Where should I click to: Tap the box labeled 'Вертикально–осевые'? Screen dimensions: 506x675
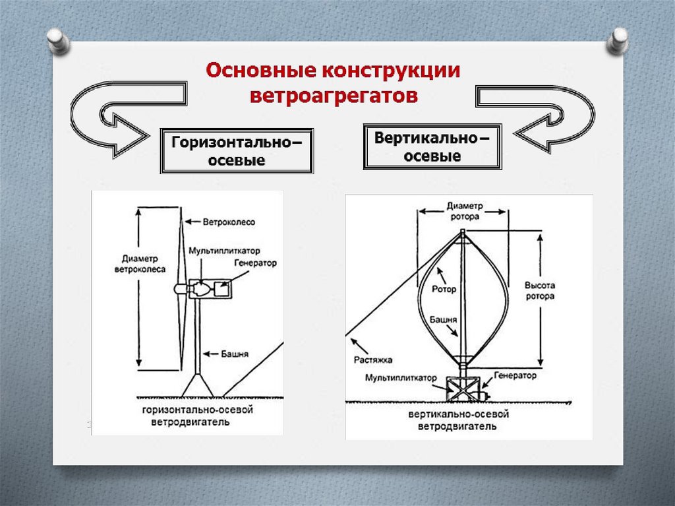[x=432, y=147]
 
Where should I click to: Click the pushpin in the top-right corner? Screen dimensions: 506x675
[x=618, y=41]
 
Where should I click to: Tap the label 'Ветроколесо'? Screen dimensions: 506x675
[x=229, y=222]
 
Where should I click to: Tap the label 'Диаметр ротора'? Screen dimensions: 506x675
[x=465, y=210]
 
